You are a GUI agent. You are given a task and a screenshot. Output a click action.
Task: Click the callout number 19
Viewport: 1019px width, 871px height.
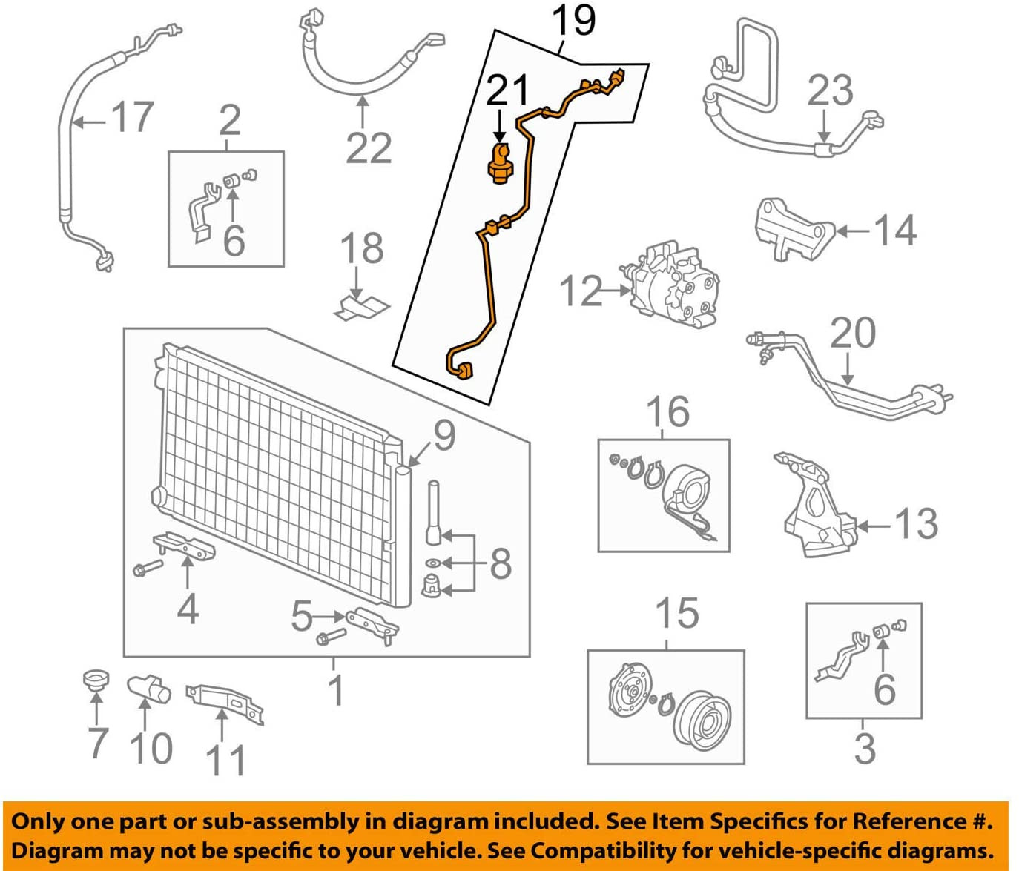573,21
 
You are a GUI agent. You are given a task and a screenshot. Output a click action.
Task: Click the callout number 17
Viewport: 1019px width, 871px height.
132,118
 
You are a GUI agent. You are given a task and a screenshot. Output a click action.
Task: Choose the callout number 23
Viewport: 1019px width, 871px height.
830,90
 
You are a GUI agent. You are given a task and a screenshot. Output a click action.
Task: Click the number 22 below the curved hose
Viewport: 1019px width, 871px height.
369,148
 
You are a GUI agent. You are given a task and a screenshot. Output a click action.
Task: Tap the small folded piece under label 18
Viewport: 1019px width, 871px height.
362,305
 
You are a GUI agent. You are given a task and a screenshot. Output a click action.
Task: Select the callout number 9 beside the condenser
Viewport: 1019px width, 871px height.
443,435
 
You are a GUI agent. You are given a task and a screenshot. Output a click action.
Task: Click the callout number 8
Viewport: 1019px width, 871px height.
501,563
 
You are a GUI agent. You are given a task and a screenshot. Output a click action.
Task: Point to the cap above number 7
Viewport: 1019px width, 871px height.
94,680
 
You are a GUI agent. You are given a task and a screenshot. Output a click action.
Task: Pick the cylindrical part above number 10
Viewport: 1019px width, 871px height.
148,690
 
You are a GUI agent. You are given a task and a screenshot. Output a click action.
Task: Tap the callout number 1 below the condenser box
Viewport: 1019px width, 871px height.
336,691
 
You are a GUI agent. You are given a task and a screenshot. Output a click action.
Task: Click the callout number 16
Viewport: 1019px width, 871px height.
667,412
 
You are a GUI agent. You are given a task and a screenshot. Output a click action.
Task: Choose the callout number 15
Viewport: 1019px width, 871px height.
676,614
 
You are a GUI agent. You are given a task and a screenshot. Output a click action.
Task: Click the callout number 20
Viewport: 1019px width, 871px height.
853,333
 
